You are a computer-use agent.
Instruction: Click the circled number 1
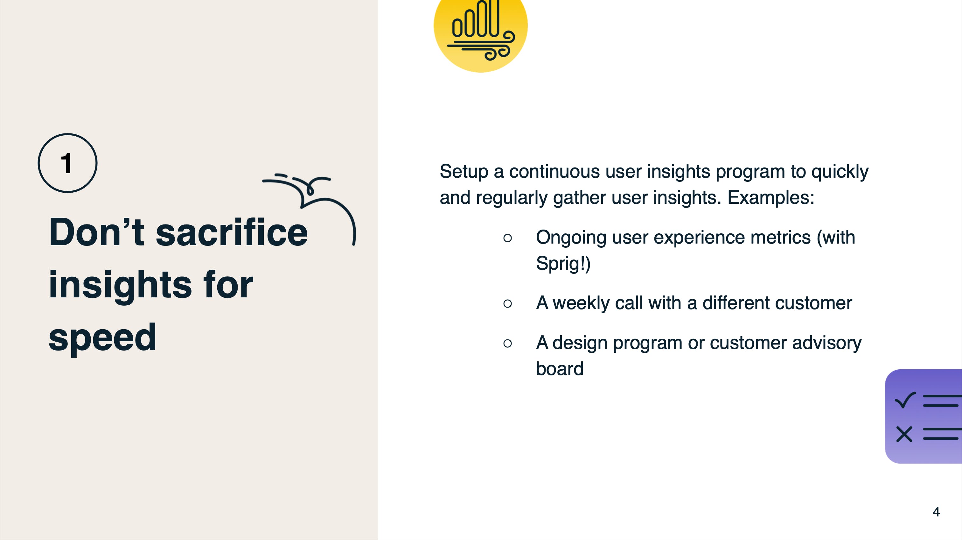67,163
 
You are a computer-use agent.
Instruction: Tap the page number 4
936,512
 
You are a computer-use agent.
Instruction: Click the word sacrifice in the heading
232,232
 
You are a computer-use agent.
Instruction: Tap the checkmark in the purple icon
905,400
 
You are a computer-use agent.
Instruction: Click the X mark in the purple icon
904,434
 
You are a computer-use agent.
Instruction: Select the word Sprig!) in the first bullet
563,263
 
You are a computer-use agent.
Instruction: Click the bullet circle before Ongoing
507,238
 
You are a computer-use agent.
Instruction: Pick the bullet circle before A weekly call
507,303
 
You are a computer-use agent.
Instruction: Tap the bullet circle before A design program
507,343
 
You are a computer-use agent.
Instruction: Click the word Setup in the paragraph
464,172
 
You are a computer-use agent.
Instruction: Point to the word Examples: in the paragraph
771,197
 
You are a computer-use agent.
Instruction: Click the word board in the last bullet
560,368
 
